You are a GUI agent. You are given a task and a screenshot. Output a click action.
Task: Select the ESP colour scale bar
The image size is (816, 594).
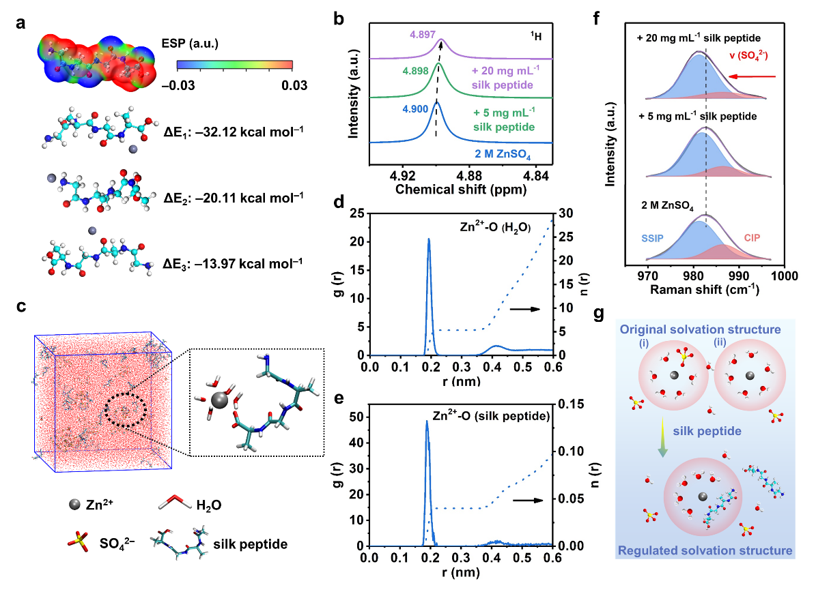[x=235, y=66]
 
